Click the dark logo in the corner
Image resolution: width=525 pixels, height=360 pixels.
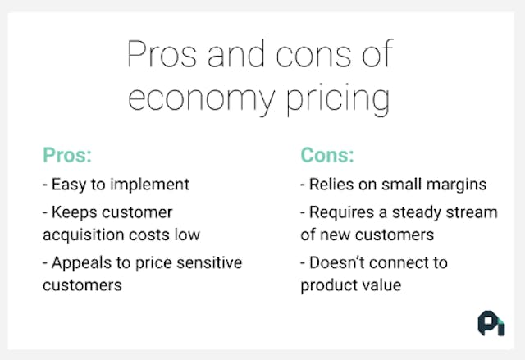(x=491, y=324)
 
